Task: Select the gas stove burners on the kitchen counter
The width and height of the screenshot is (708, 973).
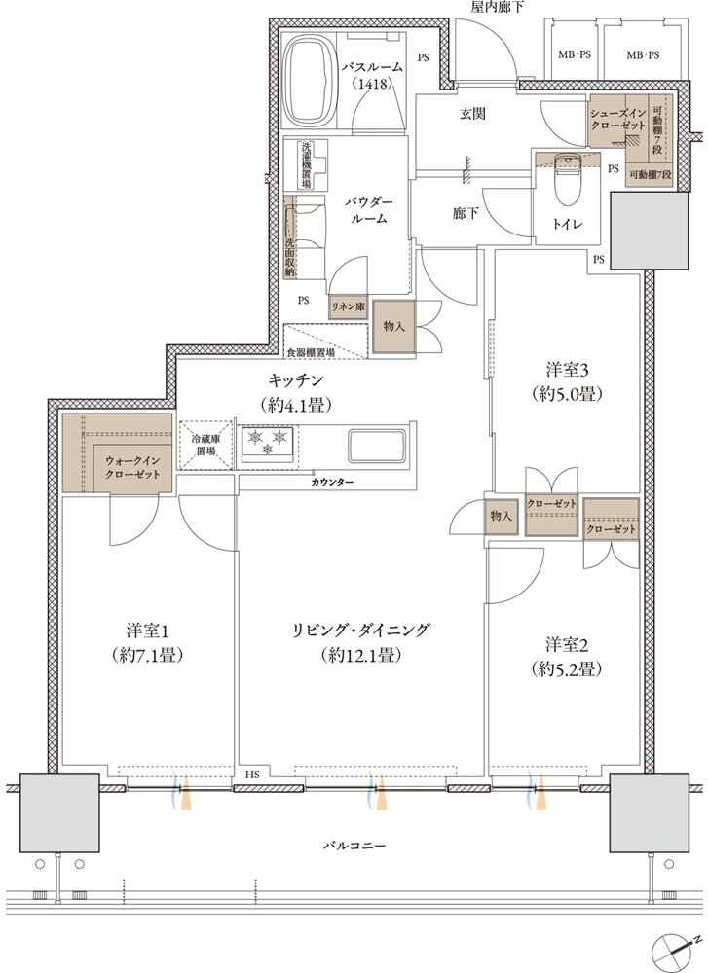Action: pos(268,442)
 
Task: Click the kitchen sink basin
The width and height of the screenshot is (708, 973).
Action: pos(376,445)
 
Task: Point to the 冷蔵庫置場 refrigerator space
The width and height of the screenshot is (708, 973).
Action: pos(205,445)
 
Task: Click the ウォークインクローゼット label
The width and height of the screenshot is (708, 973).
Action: pos(132,467)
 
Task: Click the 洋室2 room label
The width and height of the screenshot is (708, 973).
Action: pos(566,657)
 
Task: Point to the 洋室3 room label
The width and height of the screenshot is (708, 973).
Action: pos(567,381)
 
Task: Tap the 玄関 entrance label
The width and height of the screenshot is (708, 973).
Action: pos(472,114)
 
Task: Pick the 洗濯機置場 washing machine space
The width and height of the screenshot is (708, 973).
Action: pos(307,165)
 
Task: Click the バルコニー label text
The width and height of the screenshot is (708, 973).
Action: pos(354,846)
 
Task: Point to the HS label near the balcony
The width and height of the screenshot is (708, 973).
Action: pos(252,774)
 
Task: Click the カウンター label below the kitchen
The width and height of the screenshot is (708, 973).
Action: pos(333,483)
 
